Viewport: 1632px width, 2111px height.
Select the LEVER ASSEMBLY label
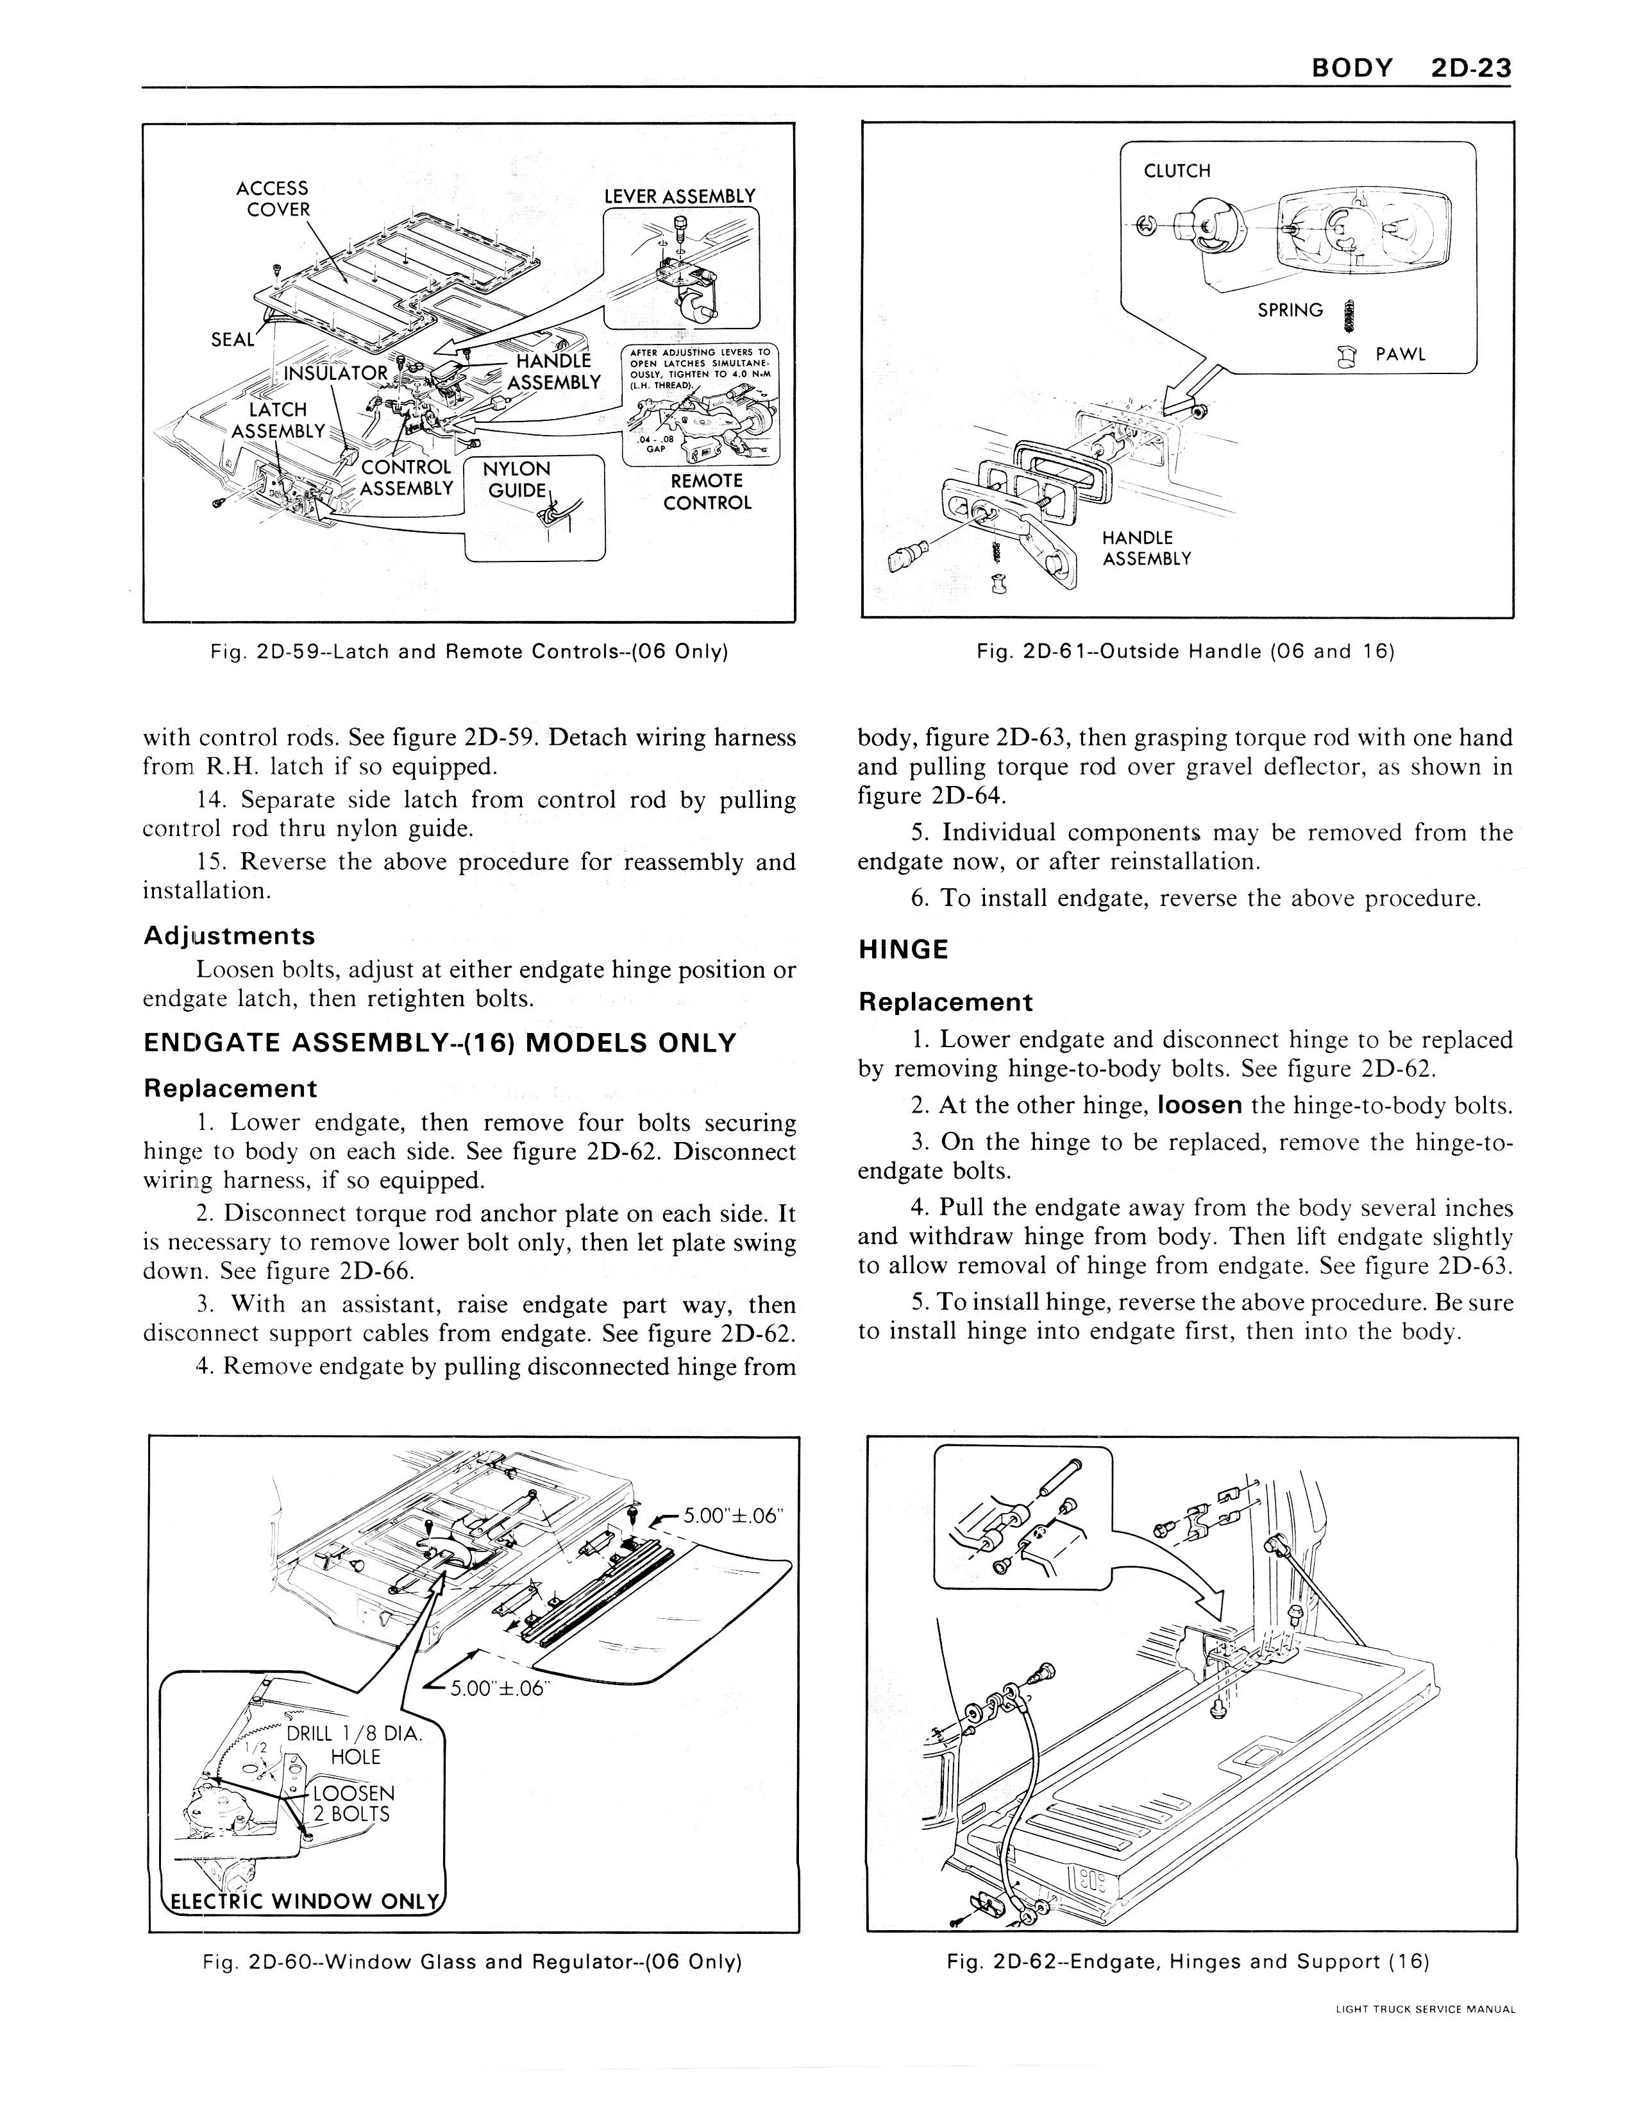click(679, 196)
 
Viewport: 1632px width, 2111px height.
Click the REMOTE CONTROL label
click(706, 491)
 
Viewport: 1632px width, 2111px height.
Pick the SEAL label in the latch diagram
click(232, 339)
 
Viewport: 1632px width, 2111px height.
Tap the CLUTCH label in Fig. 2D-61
click(1176, 171)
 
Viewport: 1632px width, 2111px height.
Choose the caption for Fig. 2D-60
click(473, 1961)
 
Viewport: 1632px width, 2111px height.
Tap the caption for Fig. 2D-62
click(1188, 1961)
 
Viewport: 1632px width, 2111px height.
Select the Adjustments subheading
click(229, 936)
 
